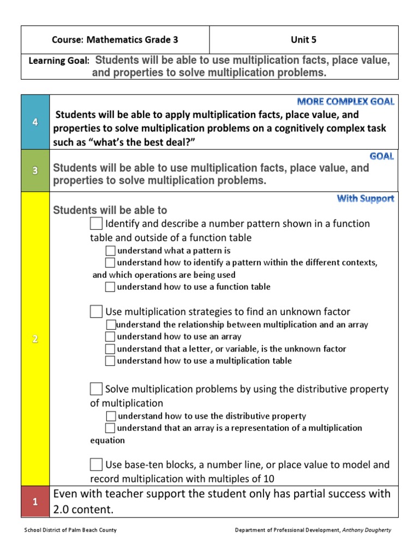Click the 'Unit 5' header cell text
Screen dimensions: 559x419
pyautogui.click(x=304, y=40)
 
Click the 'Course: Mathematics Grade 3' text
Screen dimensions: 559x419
pyautogui.click(x=115, y=40)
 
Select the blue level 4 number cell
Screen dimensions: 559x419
pyautogui.click(x=35, y=122)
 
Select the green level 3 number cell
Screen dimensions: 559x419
pyautogui.click(x=35, y=170)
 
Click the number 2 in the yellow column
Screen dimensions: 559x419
pyautogui.click(x=35, y=339)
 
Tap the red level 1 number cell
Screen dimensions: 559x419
pyautogui.click(x=35, y=502)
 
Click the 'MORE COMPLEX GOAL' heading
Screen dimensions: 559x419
pyautogui.click(x=345, y=102)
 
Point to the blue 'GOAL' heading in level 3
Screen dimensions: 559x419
pyautogui.click(x=381, y=156)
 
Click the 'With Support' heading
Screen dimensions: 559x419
pyautogui.click(x=365, y=199)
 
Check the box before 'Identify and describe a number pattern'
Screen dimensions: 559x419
pyautogui.click(x=96, y=224)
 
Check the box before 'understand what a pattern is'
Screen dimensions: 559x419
pyautogui.click(x=110, y=251)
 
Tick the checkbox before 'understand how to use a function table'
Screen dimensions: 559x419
pyautogui.click(x=110, y=287)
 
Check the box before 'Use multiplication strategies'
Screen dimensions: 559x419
pyautogui.click(x=96, y=312)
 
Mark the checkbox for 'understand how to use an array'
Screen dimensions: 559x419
pyautogui.click(x=110, y=337)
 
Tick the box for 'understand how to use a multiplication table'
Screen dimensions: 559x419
pyautogui.click(x=110, y=361)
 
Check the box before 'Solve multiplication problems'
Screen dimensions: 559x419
pyautogui.click(x=96, y=389)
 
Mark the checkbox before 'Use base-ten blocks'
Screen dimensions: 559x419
pyautogui.click(x=96, y=465)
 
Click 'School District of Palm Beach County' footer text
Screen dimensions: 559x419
pyautogui.click(x=71, y=530)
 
